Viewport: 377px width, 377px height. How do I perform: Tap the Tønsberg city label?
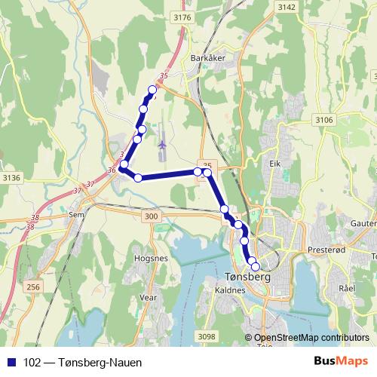pos(248,277)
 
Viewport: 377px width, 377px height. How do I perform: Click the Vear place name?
pos(149,298)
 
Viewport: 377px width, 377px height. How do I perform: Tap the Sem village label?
pos(75,214)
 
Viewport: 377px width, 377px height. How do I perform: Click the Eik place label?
pos(274,162)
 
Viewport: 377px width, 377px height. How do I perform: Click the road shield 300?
pos(152,217)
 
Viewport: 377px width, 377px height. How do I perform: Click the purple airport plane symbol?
pos(162,143)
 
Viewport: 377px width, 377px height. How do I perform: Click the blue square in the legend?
pos(11,363)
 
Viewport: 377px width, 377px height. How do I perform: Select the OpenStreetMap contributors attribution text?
pos(311,338)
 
